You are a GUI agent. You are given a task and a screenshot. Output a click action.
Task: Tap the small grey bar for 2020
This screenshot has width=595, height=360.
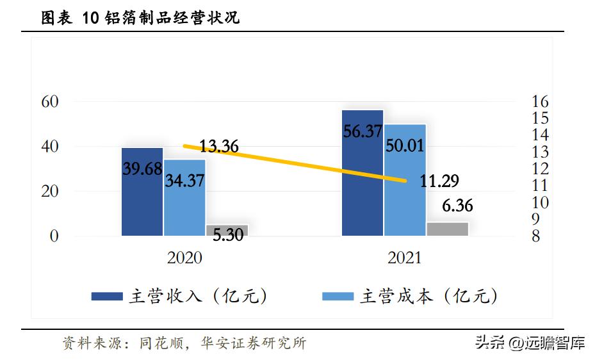(x=226, y=229)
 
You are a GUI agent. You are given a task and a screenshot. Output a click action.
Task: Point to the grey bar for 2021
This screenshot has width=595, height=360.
(x=447, y=229)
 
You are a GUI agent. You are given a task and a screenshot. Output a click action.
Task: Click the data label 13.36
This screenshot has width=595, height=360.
(x=218, y=146)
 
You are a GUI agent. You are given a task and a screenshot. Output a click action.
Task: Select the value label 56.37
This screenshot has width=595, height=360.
(x=363, y=131)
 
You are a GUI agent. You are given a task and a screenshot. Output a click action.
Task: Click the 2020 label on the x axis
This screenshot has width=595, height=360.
(x=184, y=258)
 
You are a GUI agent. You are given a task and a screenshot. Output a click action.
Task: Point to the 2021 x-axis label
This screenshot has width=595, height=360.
(x=405, y=258)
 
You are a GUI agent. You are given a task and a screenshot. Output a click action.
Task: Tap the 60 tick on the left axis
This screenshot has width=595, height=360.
(x=50, y=102)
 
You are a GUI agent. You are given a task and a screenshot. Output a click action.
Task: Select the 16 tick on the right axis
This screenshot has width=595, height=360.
(x=540, y=102)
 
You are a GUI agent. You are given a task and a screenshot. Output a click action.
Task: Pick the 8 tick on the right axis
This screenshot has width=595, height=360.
(x=536, y=236)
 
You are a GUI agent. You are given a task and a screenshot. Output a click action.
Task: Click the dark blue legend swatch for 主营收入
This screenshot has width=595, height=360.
(x=107, y=296)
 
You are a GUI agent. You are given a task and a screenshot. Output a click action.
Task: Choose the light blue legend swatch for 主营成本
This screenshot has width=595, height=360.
(x=338, y=296)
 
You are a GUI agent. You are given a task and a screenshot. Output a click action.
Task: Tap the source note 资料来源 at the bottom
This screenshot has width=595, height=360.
(x=184, y=343)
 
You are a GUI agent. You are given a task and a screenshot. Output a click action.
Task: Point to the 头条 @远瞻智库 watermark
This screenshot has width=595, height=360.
(x=530, y=343)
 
